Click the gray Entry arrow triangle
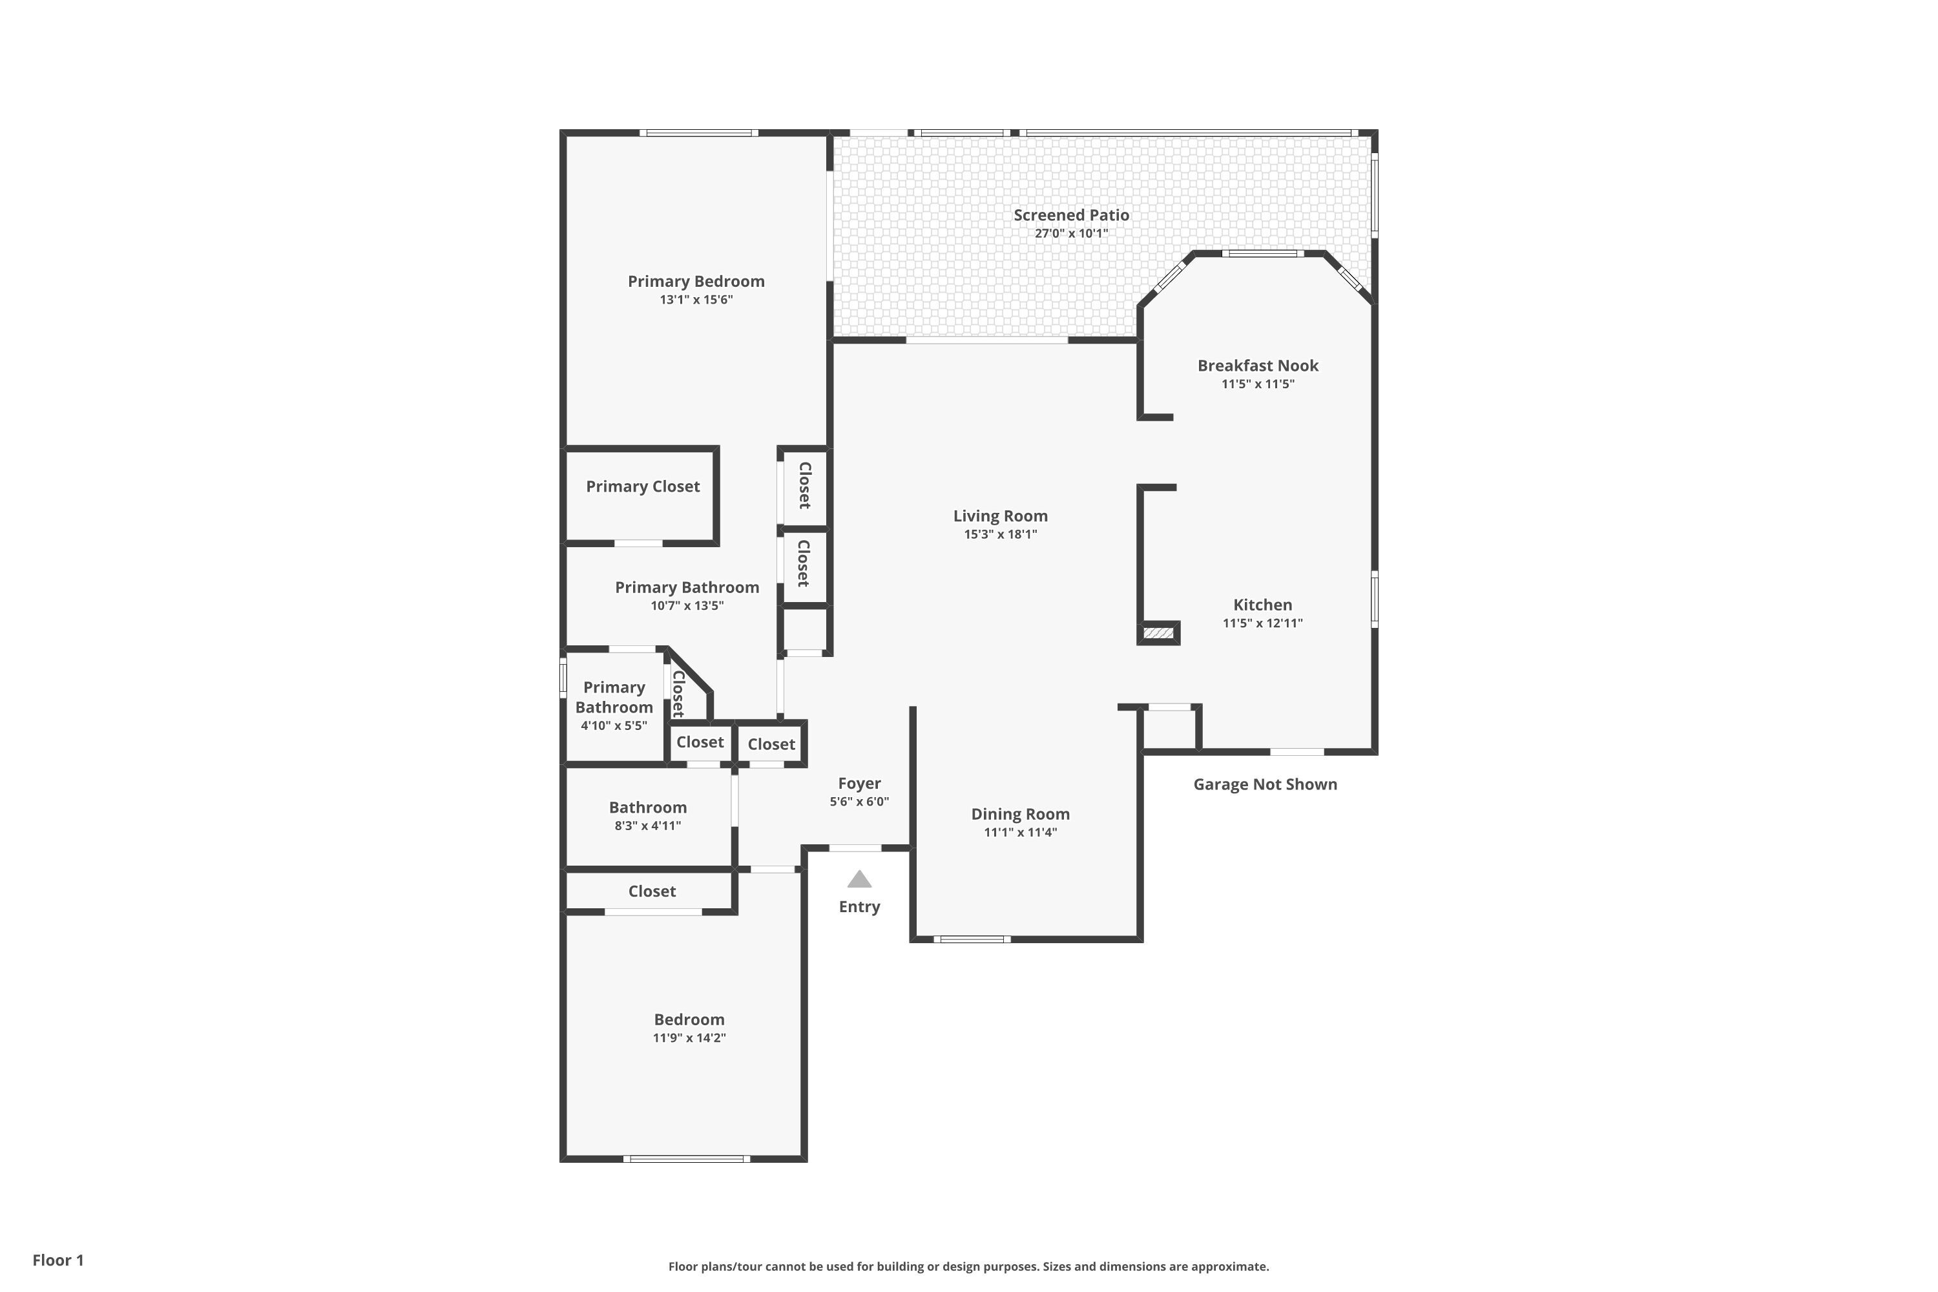pos(859,879)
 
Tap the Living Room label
pos(1000,516)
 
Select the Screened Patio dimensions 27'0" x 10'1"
pos(1071,233)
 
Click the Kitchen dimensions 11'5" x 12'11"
pos(1262,623)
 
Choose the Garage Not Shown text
pos(1265,784)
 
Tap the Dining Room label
pos(1020,814)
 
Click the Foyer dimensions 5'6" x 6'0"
pos(859,802)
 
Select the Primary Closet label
pos(643,487)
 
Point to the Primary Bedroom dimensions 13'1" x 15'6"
pos(696,300)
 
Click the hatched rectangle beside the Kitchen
pos(1158,633)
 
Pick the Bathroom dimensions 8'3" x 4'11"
pos(648,826)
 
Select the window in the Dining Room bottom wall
pos(972,939)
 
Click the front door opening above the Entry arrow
pos(855,848)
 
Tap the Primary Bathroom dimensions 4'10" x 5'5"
pos(614,726)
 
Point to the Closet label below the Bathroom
pos(652,891)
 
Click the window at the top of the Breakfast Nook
pos(1262,254)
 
